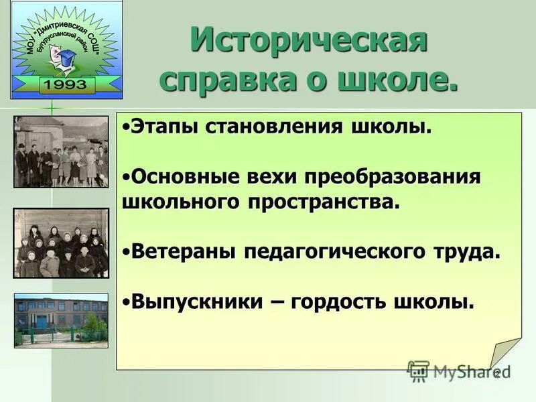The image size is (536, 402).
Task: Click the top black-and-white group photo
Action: pyautogui.click(x=60, y=151)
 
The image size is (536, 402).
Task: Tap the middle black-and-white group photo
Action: pyautogui.click(x=60, y=243)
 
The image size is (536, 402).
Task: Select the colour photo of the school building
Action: pyautogui.click(x=60, y=320)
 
